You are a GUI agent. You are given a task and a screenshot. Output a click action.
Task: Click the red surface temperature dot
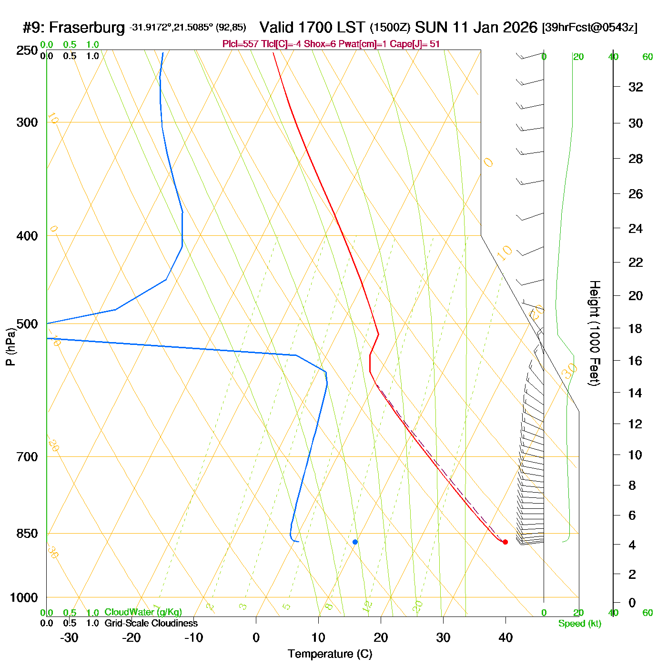point(505,542)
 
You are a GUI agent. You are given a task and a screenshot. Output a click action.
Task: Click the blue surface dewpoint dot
point(355,542)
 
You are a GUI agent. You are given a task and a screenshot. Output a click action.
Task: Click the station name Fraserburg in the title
point(87,28)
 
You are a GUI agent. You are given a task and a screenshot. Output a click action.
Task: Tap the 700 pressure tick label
point(27,457)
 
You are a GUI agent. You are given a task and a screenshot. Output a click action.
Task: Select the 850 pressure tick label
point(27,534)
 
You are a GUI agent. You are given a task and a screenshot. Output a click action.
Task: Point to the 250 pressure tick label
point(27,51)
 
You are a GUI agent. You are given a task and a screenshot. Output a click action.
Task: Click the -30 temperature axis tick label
point(69,637)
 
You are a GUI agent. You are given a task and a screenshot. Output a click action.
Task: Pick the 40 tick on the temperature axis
point(505,637)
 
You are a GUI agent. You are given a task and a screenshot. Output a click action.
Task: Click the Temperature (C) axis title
point(330,654)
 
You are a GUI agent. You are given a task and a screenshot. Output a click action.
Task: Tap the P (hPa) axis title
point(10,346)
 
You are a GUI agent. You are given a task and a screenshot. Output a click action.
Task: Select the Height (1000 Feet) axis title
point(595,333)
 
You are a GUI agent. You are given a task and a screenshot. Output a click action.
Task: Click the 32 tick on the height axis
point(636,87)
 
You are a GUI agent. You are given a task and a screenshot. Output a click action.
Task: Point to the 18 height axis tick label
point(636,329)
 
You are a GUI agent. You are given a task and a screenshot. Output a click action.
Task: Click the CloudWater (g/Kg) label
point(143,612)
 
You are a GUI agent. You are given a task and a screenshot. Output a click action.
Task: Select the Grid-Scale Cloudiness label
point(151,623)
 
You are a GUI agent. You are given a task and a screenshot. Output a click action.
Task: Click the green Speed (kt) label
point(579,624)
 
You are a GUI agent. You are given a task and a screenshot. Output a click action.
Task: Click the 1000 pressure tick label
point(24,597)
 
